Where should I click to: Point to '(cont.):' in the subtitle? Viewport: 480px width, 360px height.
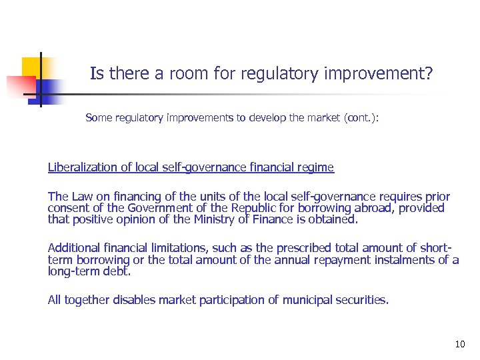(361, 117)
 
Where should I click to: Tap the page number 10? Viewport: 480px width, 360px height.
(459, 344)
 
